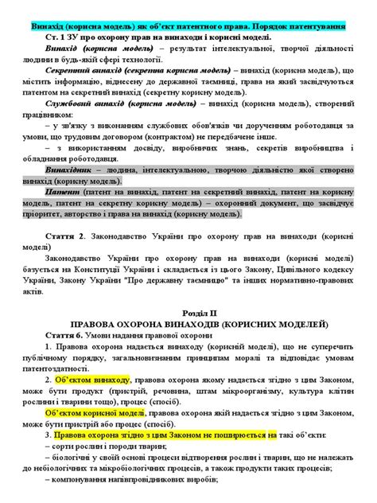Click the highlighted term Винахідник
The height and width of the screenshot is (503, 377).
click(x=73, y=170)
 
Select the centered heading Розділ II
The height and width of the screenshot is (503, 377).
click(x=188, y=314)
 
